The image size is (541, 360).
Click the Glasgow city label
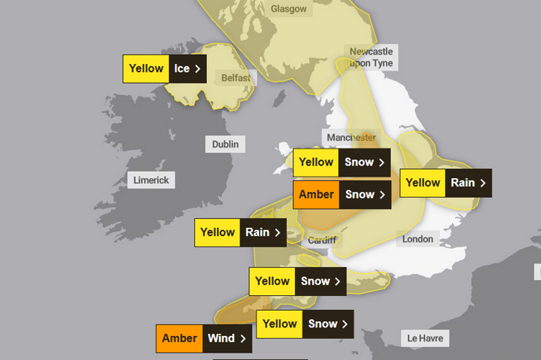coord(290,9)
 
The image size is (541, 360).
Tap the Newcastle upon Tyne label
coord(371,57)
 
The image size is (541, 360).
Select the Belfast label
coord(235,77)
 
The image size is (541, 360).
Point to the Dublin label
coord(225,144)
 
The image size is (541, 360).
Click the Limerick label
coord(151,180)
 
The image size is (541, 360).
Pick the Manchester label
coord(351,137)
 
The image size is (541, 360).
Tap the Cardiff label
coord(322,240)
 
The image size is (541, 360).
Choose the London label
coord(418,239)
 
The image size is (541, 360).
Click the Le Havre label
coord(425,338)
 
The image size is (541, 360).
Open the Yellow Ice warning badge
coord(165,69)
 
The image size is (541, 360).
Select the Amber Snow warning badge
coord(342,194)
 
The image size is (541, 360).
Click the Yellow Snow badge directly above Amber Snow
coord(342,162)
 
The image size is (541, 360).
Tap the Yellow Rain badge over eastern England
coord(445,182)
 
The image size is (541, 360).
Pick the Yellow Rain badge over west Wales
coord(240,232)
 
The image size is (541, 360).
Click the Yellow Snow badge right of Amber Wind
coord(305,324)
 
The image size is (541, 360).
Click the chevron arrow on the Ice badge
coord(198,69)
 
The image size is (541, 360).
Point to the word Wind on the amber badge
coord(221,338)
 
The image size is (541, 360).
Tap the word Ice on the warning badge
coord(182,69)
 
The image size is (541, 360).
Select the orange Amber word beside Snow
coord(316,194)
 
